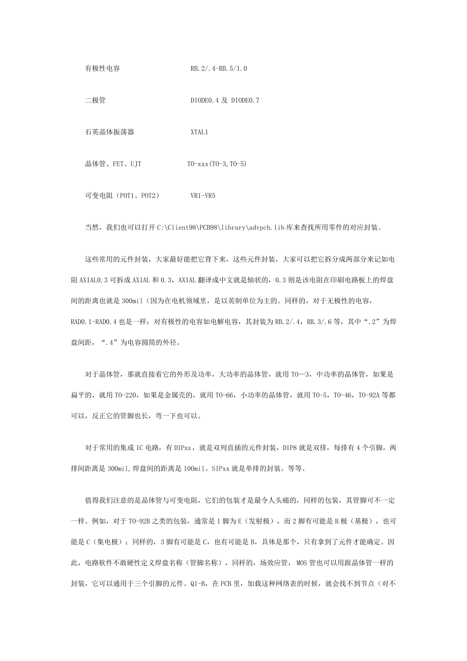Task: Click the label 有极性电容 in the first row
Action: pos(102,68)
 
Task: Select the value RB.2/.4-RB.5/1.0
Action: pos(219,68)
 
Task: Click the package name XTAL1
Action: pos(200,132)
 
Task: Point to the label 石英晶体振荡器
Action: pos(110,132)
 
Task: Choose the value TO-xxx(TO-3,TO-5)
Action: pos(217,164)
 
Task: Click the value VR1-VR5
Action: pos(203,195)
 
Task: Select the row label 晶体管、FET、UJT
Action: pos(113,164)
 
